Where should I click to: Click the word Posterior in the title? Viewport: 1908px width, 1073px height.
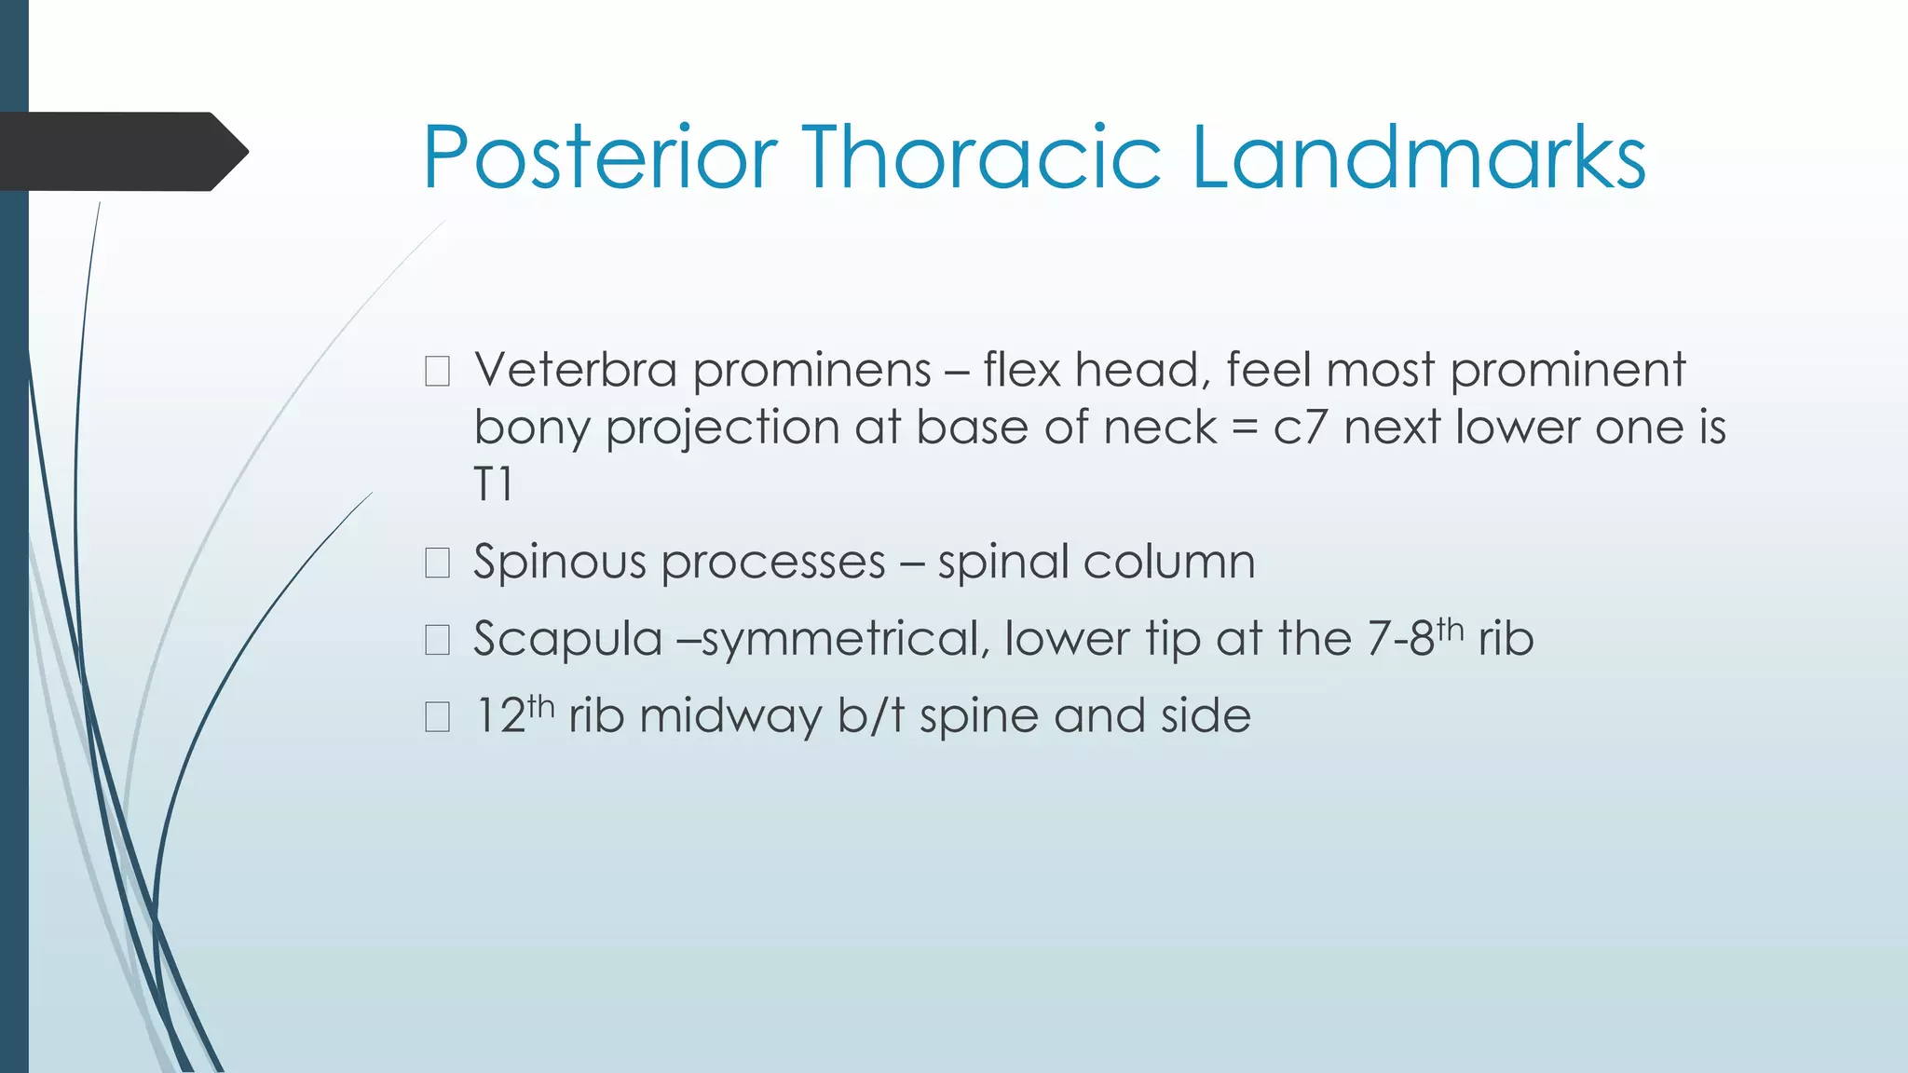pyautogui.click(x=599, y=157)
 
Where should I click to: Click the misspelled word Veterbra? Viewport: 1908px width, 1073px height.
pyautogui.click(x=575, y=370)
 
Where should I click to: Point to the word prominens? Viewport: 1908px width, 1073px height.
pyautogui.click(x=811, y=372)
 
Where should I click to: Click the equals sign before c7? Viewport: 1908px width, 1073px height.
pyautogui.click(x=1245, y=429)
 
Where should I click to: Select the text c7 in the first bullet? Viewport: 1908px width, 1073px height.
pyautogui.click(x=1300, y=428)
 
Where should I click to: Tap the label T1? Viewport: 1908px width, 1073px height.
pyautogui.click(x=493, y=485)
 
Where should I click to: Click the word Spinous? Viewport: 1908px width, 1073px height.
pyautogui.click(x=559, y=563)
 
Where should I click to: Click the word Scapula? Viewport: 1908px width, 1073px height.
pyautogui.click(x=567, y=640)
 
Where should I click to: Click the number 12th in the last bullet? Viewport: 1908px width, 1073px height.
pyautogui.click(x=514, y=714)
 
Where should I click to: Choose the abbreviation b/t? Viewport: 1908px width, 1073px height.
pyautogui.click(x=871, y=715)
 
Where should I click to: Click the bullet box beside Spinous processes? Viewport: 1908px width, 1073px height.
pyautogui.click(x=437, y=563)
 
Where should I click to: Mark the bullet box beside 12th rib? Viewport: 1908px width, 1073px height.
pyautogui.click(x=437, y=716)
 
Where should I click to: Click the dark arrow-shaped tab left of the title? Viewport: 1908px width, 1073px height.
pyautogui.click(x=121, y=151)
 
